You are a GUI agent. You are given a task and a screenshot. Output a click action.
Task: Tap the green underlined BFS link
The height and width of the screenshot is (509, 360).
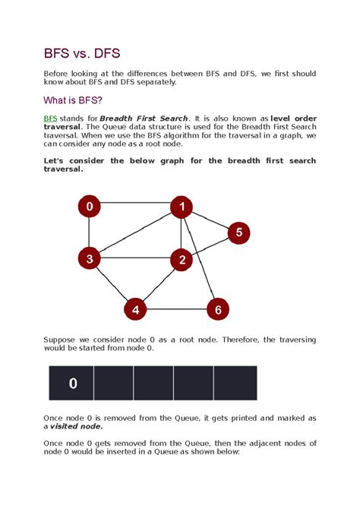point(51,119)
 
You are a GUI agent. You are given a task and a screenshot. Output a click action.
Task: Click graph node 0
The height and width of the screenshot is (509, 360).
point(90,206)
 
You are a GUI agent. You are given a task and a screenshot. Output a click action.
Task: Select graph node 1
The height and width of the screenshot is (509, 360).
point(181,206)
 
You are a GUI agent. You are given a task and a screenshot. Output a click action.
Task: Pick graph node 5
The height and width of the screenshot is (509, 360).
point(238,232)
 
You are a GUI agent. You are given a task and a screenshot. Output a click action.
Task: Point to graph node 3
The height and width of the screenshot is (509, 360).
point(90,259)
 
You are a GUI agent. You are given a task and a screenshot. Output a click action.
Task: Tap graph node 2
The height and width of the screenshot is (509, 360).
point(181,260)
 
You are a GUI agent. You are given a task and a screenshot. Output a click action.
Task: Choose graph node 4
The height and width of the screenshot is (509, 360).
point(135,309)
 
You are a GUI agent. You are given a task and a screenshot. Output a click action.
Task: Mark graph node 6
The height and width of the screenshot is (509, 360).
point(217,309)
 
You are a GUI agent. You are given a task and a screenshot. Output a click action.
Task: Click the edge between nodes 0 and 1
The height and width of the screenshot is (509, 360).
point(135,204)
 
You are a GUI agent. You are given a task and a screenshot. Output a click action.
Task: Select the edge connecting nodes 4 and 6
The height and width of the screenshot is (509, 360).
point(176,309)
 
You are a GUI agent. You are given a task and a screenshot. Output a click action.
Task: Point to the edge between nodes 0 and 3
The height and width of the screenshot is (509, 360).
point(90,232)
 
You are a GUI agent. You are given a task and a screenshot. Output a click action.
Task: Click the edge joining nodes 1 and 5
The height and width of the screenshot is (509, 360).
point(210,220)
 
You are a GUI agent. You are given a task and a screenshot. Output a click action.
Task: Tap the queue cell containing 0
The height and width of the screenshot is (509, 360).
point(73,383)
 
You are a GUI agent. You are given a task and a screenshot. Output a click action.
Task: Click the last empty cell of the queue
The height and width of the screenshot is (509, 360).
point(235,383)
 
